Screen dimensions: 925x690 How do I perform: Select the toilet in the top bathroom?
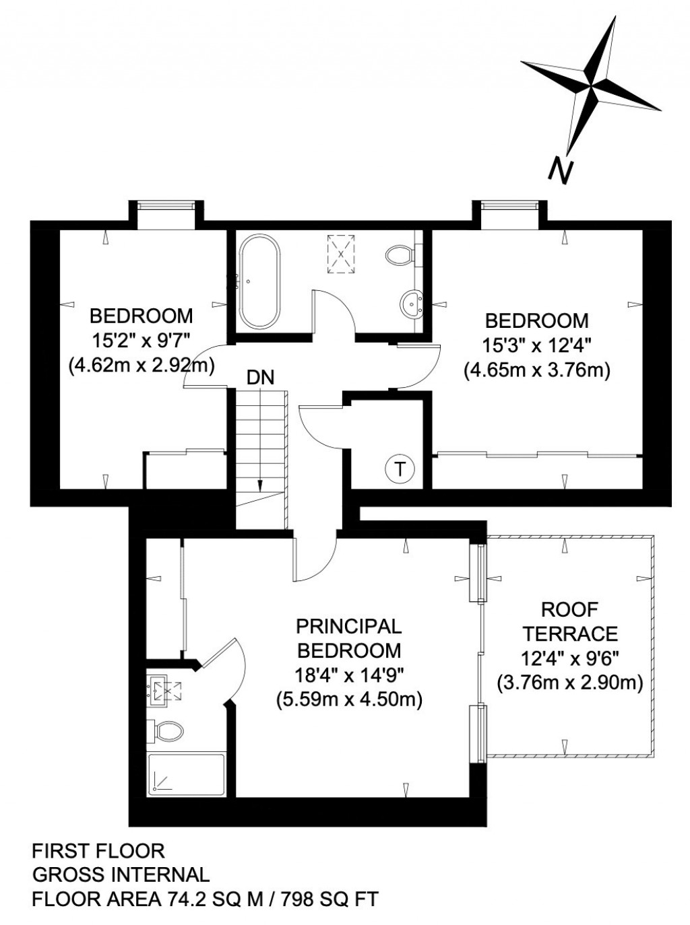[400, 255]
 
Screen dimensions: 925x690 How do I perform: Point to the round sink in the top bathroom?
[410, 304]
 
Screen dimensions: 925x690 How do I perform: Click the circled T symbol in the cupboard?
[400, 469]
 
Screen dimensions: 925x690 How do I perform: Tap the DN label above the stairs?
[260, 378]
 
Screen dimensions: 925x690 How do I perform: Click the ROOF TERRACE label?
[570, 621]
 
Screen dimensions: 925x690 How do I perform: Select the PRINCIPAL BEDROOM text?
[349, 638]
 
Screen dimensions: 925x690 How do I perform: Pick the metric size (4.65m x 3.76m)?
[536, 370]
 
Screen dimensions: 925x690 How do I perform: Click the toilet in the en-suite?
[168, 730]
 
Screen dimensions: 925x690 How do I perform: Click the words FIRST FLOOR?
[98, 851]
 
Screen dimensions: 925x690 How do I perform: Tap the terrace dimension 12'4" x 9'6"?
[570, 658]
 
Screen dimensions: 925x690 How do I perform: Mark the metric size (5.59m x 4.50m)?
[349, 699]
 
